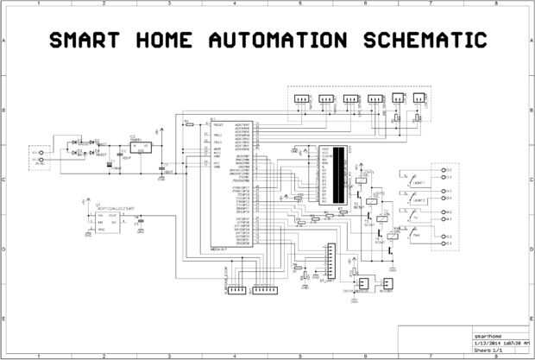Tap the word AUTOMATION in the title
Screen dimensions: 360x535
point(275,40)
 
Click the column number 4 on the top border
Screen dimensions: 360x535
point(235,4)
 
